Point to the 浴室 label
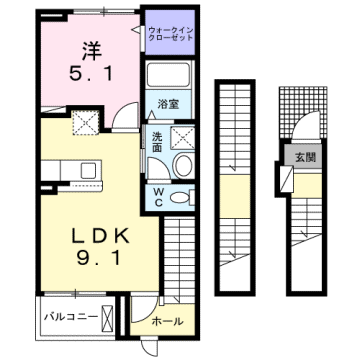click(167, 103)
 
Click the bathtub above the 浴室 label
click(169, 77)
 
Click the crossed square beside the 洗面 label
click(185, 137)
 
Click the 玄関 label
click(304, 156)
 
